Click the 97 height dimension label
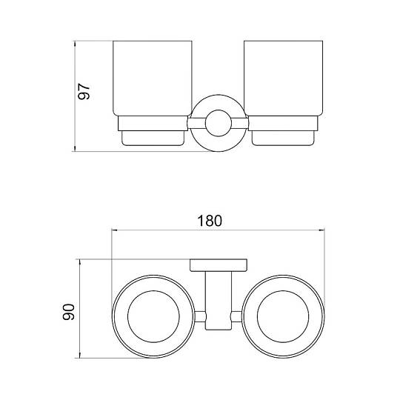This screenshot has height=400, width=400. pos(84,91)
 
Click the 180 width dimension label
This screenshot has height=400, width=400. pos(210,221)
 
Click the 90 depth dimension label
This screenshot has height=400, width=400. pos(69,312)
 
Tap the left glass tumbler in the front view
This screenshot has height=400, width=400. pos(153,79)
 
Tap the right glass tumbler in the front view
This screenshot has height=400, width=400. pos(284,79)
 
